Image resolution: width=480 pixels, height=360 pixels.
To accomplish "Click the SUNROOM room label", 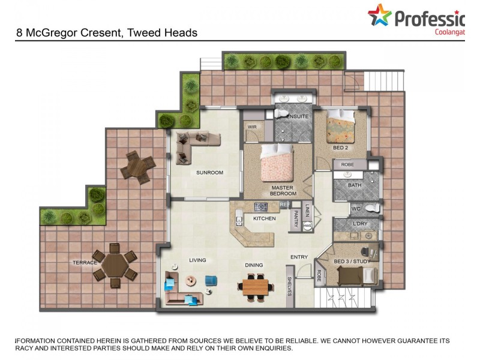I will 209,173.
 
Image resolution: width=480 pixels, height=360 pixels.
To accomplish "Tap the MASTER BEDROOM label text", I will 283,191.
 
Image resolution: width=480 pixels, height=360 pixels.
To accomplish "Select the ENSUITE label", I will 298,116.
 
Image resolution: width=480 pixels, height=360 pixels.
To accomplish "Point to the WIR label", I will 253,127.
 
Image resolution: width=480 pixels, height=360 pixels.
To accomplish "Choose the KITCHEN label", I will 264,218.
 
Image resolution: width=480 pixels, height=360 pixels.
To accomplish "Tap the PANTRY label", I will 296,219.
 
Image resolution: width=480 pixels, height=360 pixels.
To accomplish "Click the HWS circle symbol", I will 307,226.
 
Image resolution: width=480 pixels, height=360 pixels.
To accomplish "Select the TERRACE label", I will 85,262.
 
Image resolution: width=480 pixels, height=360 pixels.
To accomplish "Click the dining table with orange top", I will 256,287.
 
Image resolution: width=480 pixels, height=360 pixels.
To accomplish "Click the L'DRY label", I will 360,224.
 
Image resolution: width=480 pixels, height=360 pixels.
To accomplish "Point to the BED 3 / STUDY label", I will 352,262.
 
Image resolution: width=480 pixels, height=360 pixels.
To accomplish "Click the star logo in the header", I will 379,16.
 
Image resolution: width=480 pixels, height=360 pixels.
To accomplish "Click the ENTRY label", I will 299,257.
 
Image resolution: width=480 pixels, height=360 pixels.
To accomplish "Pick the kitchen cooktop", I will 260,207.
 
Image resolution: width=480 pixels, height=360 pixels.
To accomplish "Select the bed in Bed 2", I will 340,127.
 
